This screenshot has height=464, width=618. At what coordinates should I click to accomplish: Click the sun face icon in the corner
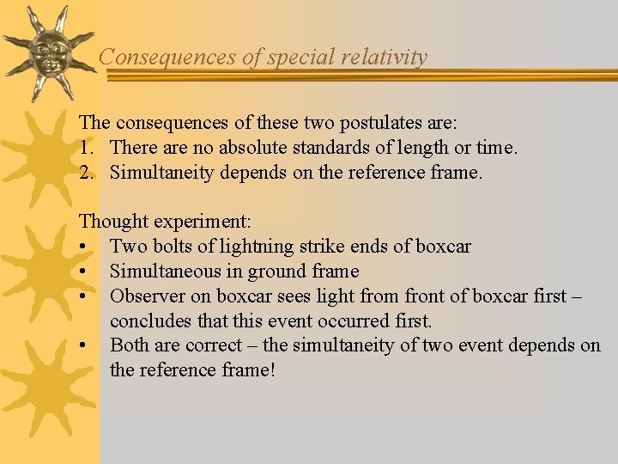48,53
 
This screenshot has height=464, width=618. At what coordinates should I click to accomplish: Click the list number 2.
84,173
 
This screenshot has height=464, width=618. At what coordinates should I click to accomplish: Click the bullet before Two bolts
85,247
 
